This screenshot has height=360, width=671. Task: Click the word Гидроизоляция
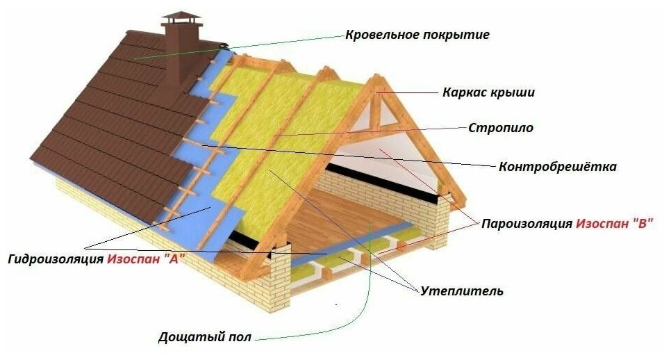coord(56,259)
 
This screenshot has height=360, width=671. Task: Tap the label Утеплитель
coord(462,291)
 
